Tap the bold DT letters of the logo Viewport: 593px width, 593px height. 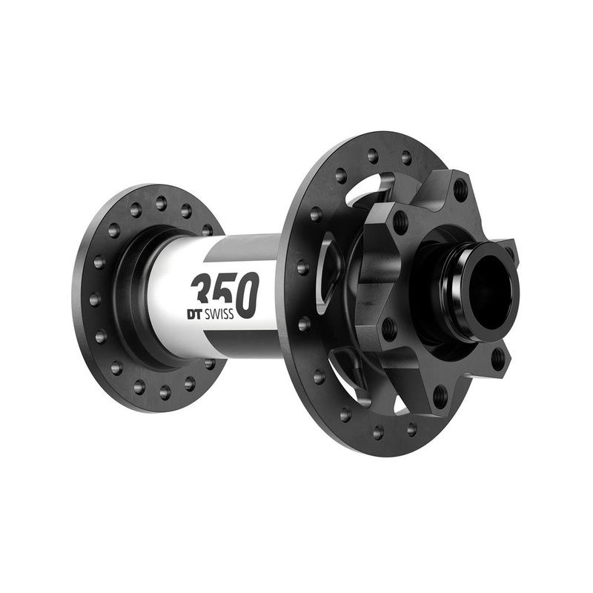197,314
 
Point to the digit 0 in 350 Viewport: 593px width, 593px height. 247,294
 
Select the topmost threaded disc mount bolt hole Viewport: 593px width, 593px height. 460,185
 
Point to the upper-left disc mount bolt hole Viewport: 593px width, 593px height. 401,221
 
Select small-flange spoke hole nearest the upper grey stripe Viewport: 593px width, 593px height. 207,231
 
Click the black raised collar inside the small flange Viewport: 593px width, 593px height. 137,296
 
